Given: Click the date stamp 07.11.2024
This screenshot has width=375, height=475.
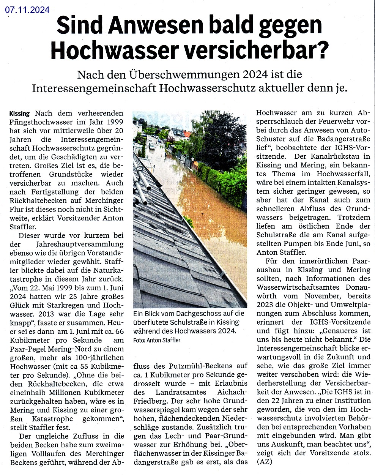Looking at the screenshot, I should point(27,9).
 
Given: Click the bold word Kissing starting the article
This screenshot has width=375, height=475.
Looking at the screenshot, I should point(19,114).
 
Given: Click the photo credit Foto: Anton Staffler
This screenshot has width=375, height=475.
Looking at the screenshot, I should point(157,340).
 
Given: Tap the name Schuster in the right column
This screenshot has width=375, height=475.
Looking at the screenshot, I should point(272,139).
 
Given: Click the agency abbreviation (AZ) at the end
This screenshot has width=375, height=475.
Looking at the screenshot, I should point(265,462).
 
